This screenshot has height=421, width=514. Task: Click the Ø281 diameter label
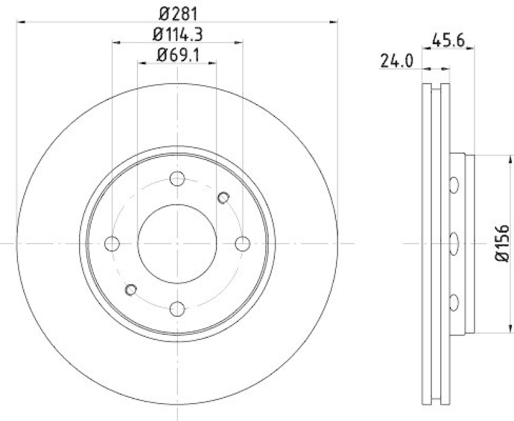[177, 12]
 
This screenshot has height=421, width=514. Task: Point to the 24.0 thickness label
[396, 62]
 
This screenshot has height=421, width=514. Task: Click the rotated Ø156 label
[502, 243]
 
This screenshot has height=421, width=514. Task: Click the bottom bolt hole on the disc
[177, 309]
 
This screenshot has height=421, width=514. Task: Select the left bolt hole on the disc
[112, 244]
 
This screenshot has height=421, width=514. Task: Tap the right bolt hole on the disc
[243, 244]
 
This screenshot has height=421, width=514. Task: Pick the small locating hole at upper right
[224, 197]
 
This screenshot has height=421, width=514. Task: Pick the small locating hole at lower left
[131, 290]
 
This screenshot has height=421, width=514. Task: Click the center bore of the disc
[177, 244]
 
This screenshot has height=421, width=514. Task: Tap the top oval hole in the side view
[454, 185]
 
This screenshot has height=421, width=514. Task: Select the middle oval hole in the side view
[454, 244]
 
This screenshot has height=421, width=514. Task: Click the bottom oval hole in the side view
[454, 301]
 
